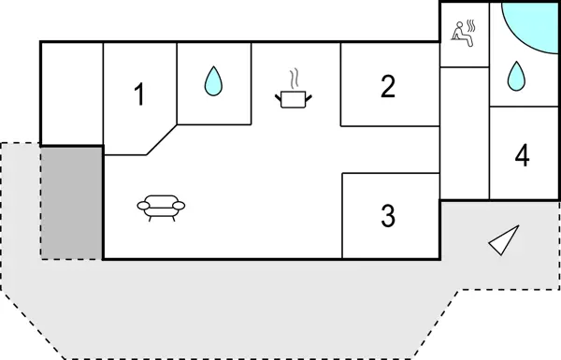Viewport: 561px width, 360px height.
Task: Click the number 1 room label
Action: pyautogui.click(x=139, y=94)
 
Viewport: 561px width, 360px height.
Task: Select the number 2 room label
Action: pyautogui.click(x=388, y=86)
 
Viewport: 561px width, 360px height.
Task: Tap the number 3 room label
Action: pyautogui.click(x=388, y=216)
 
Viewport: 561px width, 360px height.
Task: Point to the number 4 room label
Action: pyautogui.click(x=522, y=155)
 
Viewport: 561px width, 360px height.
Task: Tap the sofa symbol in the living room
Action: pyautogui.click(x=161, y=206)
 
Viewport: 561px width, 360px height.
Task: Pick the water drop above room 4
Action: pyautogui.click(x=513, y=75)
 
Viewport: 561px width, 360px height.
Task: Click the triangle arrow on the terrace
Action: pyautogui.click(x=505, y=240)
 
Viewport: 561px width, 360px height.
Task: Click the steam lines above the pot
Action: pyautogui.click(x=295, y=76)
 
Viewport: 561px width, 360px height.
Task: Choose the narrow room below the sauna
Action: pyautogui.click(x=464, y=131)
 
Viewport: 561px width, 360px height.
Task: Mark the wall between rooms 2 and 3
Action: pyautogui.click(x=389, y=150)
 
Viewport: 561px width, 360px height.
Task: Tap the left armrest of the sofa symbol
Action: pyautogui.click(x=141, y=205)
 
